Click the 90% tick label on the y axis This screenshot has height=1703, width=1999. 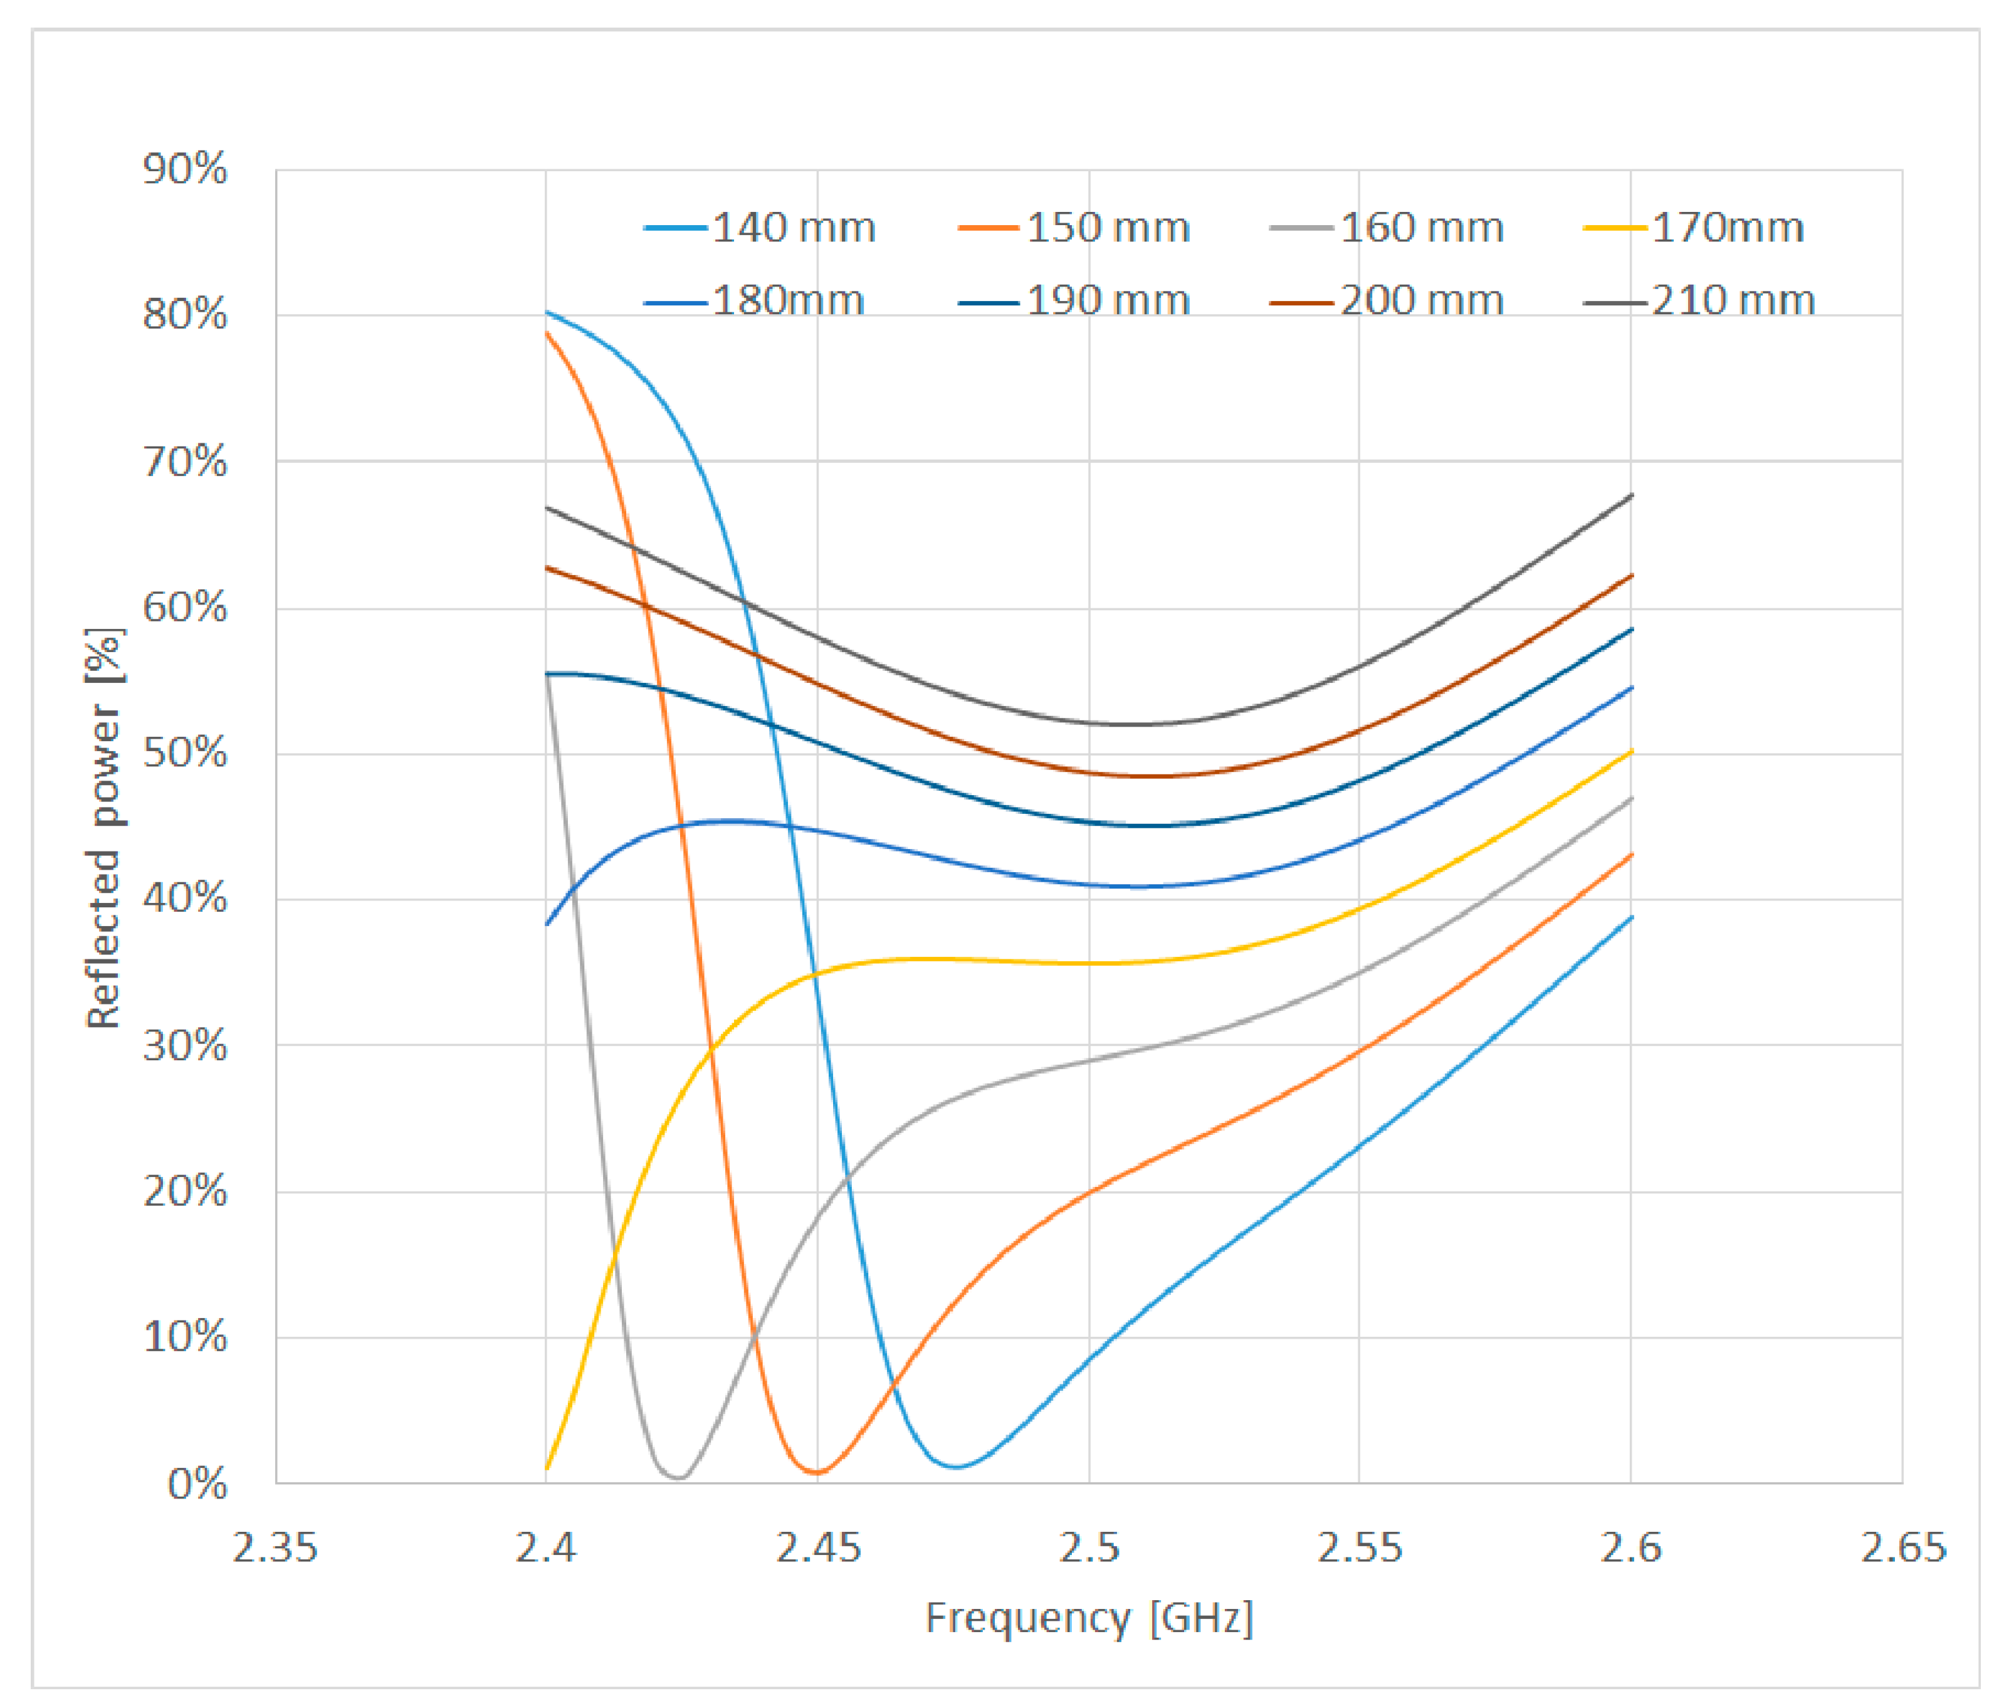186,170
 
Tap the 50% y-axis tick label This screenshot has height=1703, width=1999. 186,754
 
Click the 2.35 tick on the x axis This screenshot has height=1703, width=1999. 275,1549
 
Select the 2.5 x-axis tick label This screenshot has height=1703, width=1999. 1089,1549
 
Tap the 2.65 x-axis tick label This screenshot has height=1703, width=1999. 1902,1549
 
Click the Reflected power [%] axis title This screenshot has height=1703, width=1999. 104,828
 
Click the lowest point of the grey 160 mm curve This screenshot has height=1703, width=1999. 679,1477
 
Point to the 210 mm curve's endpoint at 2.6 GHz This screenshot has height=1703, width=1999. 1630,495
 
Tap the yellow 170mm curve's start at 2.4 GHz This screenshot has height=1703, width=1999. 547,1468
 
